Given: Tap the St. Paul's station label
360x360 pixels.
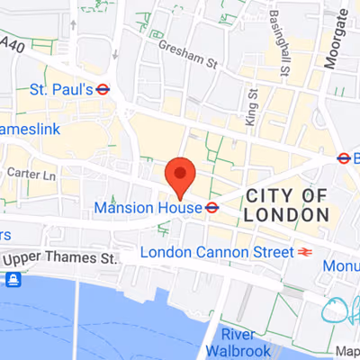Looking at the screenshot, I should click(x=61, y=89).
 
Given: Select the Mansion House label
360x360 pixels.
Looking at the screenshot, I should click(x=146, y=207).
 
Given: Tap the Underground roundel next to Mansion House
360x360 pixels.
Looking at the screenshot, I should click(x=211, y=207).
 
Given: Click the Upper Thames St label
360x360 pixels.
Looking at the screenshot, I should click(x=61, y=258).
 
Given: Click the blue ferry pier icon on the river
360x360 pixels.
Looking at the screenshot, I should click(x=13, y=280).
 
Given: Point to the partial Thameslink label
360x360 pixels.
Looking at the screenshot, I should click(x=28, y=130).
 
